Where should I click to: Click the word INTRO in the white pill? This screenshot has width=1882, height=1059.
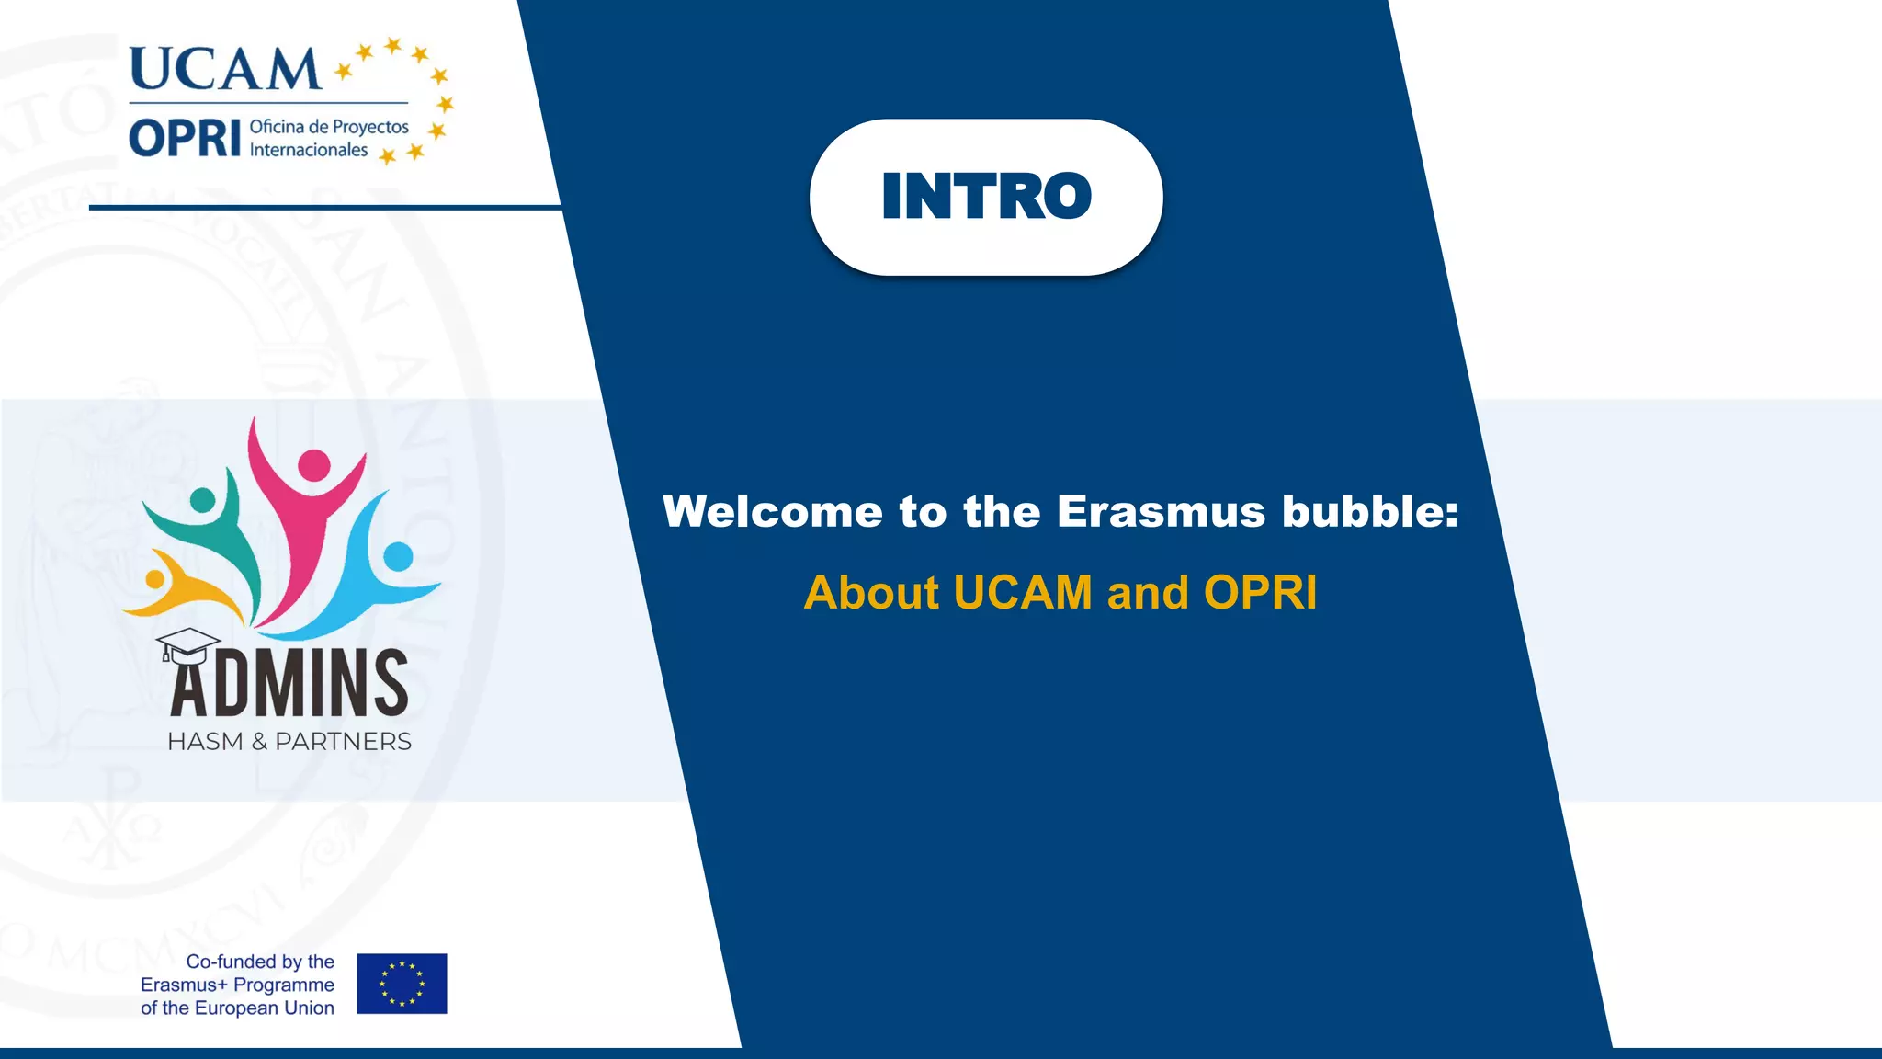coord(986,196)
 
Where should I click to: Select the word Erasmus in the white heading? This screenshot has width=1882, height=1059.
coord(1161,511)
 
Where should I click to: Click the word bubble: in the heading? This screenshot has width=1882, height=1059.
coord(1369,511)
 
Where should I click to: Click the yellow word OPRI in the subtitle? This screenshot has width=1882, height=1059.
coord(1260,593)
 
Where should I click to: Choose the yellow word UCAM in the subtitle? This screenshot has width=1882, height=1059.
coord(1022,593)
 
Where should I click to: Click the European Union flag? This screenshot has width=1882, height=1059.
coord(402,984)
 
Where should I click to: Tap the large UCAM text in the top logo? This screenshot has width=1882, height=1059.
coord(225,69)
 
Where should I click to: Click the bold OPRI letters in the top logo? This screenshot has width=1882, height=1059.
coord(185,139)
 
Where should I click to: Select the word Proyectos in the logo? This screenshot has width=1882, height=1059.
coord(370,127)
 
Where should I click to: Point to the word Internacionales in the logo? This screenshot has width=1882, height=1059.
coord(309,150)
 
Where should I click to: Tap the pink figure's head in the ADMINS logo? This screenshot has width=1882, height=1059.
coord(314,465)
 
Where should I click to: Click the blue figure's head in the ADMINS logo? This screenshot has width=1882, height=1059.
coord(398,556)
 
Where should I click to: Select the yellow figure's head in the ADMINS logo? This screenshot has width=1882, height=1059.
coord(154,579)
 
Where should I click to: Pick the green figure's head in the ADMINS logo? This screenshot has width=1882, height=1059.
coord(202,501)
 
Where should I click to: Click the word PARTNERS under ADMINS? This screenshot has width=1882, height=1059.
coord(343,742)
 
